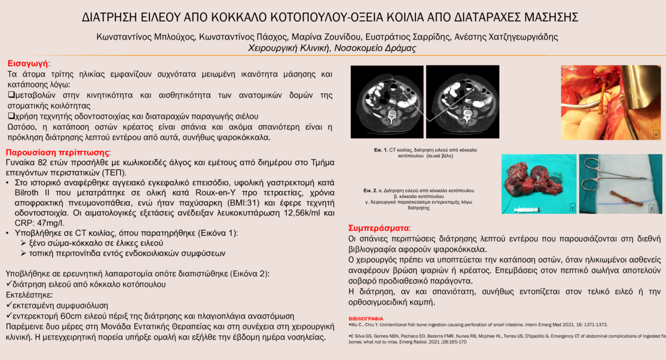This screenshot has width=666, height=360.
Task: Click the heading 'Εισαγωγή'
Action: [28, 64]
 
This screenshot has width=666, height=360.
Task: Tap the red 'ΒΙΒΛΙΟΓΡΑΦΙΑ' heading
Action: [366, 319]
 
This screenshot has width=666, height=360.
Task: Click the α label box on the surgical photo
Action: [656, 133]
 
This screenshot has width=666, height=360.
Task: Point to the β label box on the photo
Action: [652, 209]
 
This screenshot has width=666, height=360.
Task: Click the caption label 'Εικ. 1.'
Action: [381, 149]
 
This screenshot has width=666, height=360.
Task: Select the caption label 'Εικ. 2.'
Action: [370, 190]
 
